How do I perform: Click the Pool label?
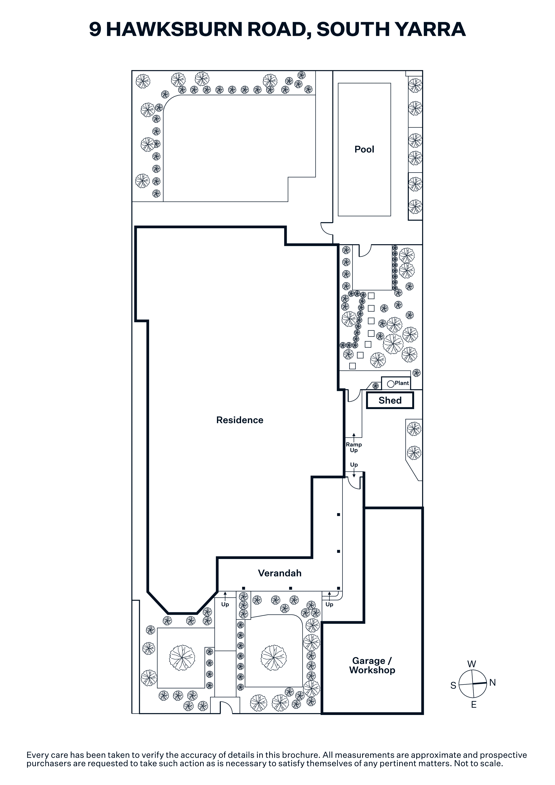[x=364, y=149]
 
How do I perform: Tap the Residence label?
[x=240, y=420]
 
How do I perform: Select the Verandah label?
[x=280, y=573]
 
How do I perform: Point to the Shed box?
[x=390, y=400]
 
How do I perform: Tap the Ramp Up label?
[x=354, y=447]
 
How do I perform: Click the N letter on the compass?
[x=492, y=683]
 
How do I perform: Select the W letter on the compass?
[x=471, y=664]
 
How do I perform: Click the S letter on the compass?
[x=453, y=685]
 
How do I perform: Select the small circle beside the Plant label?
[x=390, y=384]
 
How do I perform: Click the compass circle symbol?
[x=473, y=684]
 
